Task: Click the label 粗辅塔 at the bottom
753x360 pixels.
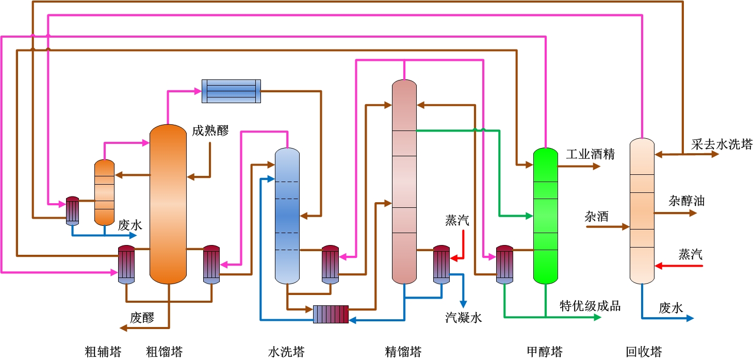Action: click(x=103, y=352)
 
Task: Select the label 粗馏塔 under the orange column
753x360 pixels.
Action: click(x=165, y=352)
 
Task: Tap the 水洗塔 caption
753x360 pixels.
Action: click(x=286, y=352)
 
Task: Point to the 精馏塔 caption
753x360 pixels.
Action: click(x=403, y=352)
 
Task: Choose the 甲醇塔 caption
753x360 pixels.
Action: click(x=545, y=352)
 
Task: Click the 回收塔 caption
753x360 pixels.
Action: click(x=644, y=352)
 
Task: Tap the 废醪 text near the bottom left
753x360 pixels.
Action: click(x=142, y=318)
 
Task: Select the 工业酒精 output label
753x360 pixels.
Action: click(x=591, y=154)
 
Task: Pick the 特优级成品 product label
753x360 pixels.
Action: click(x=590, y=306)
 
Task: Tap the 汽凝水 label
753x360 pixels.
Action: click(x=464, y=318)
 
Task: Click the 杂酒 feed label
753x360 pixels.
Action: click(x=596, y=216)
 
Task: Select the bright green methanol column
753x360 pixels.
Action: click(x=545, y=216)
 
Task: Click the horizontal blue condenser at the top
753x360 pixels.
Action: click(x=231, y=91)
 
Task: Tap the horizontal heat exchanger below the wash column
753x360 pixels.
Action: click(x=331, y=314)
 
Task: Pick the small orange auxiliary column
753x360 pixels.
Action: click(x=104, y=192)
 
